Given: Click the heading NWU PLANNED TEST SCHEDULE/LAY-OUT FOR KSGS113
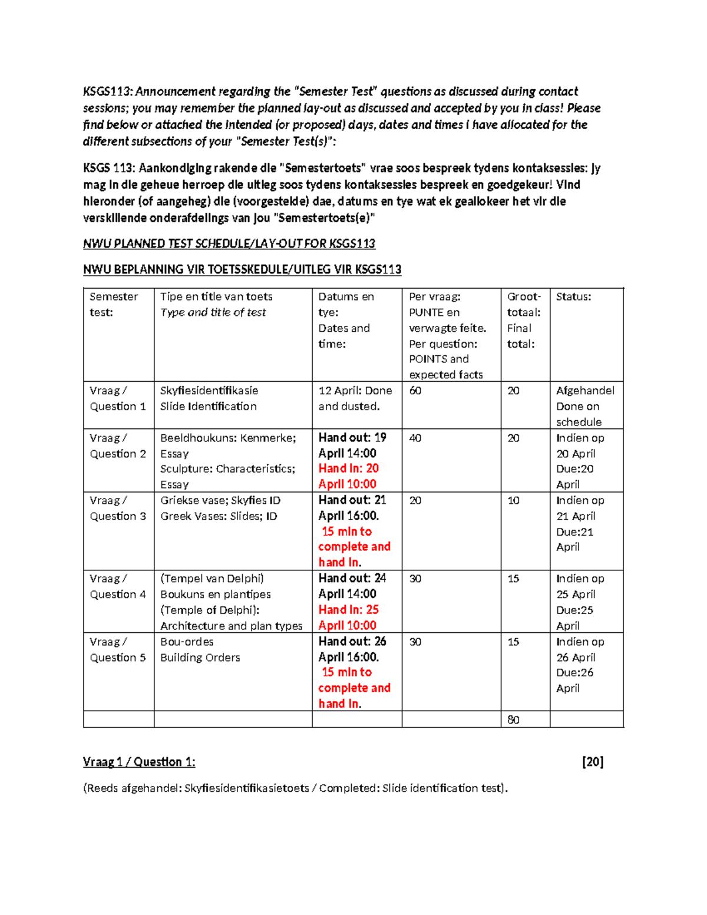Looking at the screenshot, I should (x=229, y=243).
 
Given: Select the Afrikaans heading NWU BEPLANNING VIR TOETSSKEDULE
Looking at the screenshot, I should (x=242, y=269).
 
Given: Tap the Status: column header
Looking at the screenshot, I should (x=573, y=296).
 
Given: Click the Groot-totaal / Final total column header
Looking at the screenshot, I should (x=523, y=320).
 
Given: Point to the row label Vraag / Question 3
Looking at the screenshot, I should (x=117, y=508).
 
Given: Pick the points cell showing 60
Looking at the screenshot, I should (x=415, y=391).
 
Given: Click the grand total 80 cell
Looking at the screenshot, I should (x=513, y=719).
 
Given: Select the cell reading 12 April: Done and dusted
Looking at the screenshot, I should (x=355, y=398).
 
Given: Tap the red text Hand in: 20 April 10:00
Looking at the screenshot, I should (x=348, y=476).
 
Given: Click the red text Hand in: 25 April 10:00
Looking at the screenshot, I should (x=348, y=617).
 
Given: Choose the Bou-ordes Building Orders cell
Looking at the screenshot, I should (x=200, y=649).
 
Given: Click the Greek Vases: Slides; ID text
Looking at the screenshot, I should (x=219, y=516).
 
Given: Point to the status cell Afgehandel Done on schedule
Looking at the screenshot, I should (x=584, y=406).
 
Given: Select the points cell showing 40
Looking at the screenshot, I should (x=415, y=438).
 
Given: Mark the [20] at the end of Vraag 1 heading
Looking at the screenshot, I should (x=592, y=762).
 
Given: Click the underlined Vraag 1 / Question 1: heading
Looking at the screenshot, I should (x=139, y=762).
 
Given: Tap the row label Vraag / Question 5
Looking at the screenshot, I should (x=117, y=649).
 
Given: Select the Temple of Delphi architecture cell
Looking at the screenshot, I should (x=231, y=602).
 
